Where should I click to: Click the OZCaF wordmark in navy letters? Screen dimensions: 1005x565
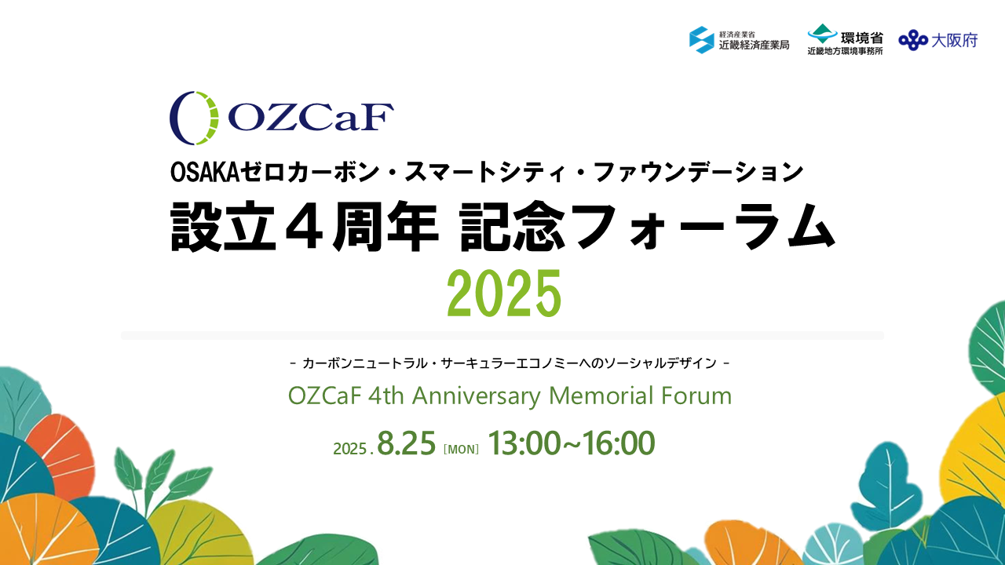pyautogui.click(x=311, y=117)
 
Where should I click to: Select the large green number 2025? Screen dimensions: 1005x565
pyautogui.click(x=504, y=293)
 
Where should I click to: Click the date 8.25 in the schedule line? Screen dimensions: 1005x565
pyautogui.click(x=407, y=443)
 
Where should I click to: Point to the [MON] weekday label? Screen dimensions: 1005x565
pyautogui.click(x=461, y=449)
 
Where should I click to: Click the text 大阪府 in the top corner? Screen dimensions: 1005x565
pyautogui.click(x=954, y=41)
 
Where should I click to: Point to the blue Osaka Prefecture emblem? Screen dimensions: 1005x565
pyautogui.click(x=912, y=40)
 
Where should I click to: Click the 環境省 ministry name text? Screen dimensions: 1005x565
pyautogui.click(x=861, y=38)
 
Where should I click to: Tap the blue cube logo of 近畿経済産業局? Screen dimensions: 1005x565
pyautogui.click(x=702, y=40)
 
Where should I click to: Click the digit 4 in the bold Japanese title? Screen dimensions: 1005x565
pyautogui.click(x=304, y=226)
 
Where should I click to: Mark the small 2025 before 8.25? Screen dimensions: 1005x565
pyautogui.click(x=350, y=449)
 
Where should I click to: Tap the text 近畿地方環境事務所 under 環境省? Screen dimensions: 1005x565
pyautogui.click(x=846, y=51)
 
